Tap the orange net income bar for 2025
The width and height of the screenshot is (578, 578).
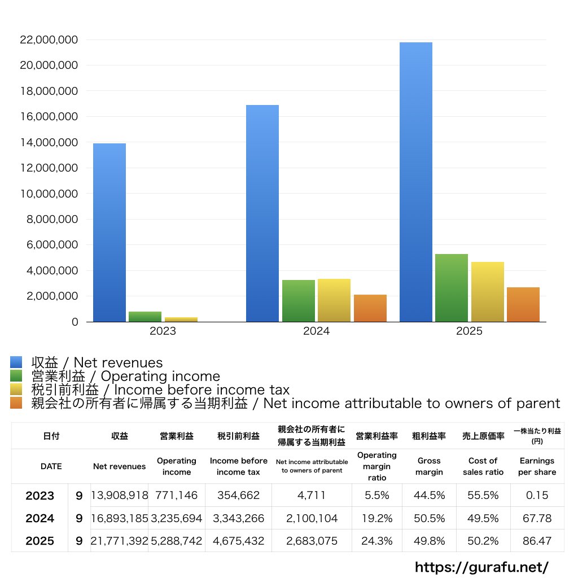523,304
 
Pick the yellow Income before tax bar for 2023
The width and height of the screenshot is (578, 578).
181,319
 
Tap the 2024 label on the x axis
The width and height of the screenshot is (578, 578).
316,331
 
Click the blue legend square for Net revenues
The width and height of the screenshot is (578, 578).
16,362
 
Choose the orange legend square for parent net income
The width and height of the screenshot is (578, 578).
16,403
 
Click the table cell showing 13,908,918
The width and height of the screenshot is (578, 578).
120,496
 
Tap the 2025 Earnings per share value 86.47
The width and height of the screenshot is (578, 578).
537,541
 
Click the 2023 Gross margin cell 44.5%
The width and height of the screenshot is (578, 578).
430,496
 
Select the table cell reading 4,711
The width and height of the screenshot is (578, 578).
312,496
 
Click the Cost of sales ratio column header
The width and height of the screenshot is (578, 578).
483,466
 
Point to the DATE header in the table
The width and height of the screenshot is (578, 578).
51,466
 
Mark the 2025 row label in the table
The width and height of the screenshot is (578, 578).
40,541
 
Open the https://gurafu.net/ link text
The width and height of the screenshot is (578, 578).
481,567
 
